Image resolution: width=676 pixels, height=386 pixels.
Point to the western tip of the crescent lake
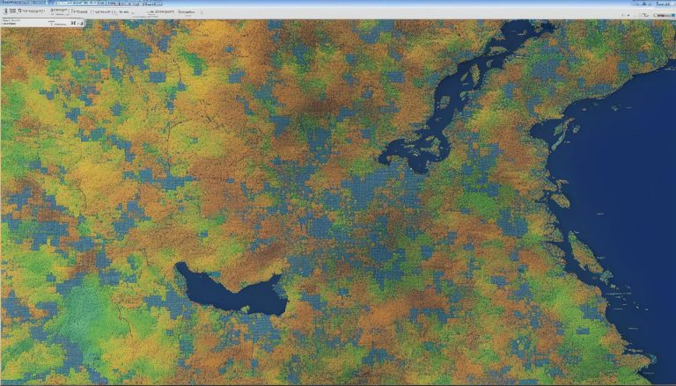[x=179, y=266]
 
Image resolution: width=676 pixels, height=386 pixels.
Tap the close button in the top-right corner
[x=670, y=4]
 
